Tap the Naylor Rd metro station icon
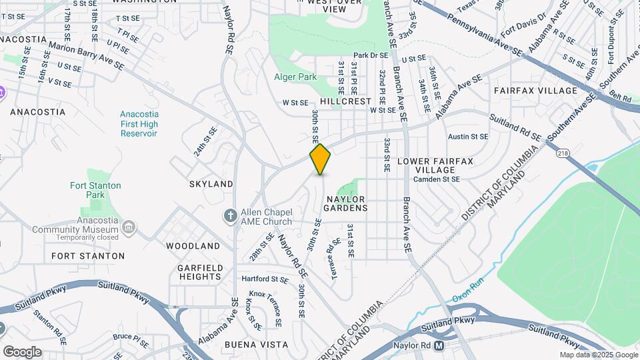[439, 346]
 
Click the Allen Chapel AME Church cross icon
[230, 216]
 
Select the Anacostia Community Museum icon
[129, 229]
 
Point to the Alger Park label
[295, 77]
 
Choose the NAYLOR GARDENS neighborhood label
[345, 203]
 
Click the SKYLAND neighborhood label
[211, 183]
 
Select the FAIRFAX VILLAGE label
[535, 91]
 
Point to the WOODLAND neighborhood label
[193, 246]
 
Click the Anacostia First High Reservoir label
[139, 124]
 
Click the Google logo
[22, 351]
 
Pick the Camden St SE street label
[436, 179]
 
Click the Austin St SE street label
[468, 137]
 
